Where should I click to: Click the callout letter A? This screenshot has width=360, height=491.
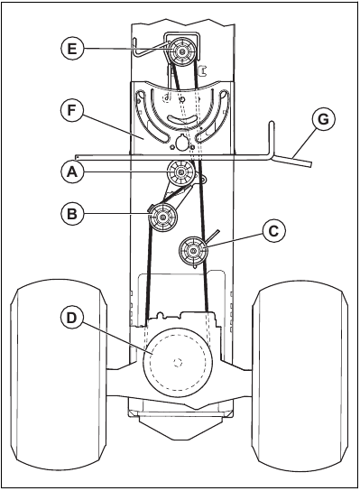pos(74,170)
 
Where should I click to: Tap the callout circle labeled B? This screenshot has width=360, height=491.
pos(74,215)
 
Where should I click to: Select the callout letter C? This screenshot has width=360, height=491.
pos(273,230)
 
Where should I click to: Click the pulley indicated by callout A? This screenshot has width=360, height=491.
pos(182,171)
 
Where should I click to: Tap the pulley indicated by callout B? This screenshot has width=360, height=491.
pos(164,217)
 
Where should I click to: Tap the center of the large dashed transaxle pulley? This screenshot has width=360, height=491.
pos(178,362)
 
